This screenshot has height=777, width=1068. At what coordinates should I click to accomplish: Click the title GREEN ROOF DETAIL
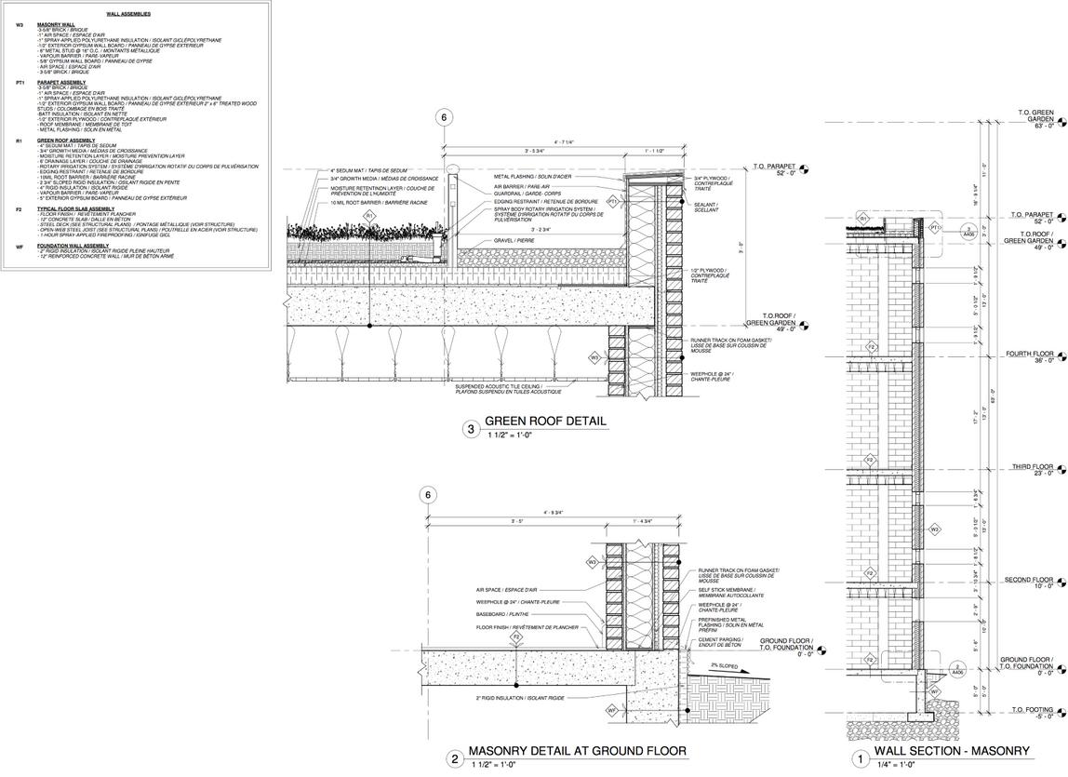[x=545, y=422]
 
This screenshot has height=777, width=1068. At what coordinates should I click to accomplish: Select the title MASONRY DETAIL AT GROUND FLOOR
[x=577, y=751]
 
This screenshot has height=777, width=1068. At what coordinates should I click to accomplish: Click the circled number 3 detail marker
[x=472, y=429]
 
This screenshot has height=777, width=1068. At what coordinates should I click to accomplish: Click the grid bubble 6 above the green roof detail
[x=445, y=117]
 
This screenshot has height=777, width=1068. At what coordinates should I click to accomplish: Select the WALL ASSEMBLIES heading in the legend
[x=128, y=15]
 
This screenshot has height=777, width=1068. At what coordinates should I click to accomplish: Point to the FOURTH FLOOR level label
[x=1029, y=355]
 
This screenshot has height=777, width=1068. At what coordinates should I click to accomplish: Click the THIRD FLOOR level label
[x=1031, y=466]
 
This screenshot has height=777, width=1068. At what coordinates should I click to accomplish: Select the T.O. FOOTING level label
[x=1032, y=710]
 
